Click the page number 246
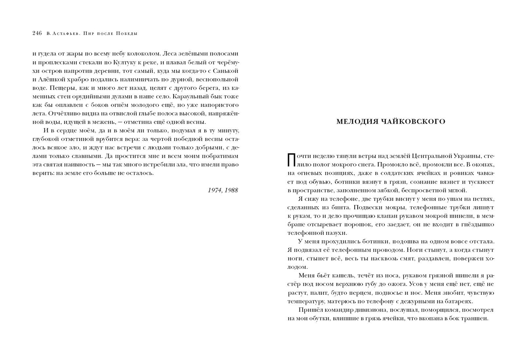pos(37,33)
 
